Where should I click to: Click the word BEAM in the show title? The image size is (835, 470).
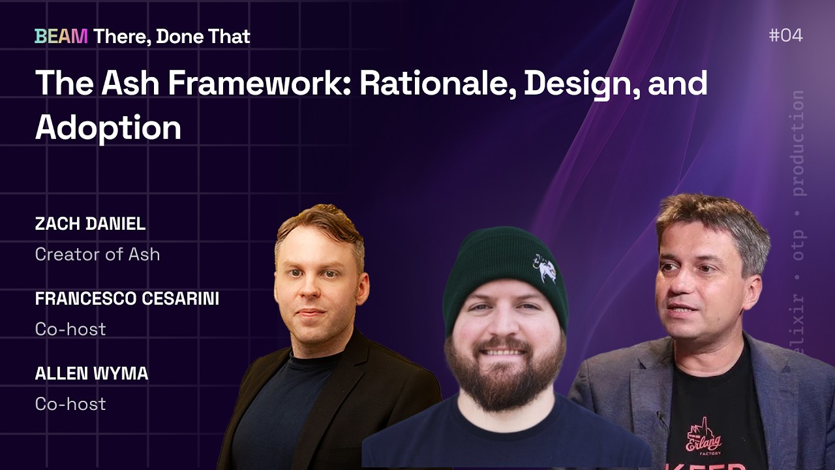click(x=61, y=37)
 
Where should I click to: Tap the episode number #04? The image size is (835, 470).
click(x=785, y=35)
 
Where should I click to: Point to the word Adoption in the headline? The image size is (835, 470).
click(x=108, y=127)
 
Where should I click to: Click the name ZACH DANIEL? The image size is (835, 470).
click(x=90, y=224)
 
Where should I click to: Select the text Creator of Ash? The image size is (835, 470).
click(x=97, y=254)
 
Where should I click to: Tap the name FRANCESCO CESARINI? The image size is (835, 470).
click(x=127, y=299)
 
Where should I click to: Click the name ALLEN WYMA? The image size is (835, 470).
click(x=91, y=374)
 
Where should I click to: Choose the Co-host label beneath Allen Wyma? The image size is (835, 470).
click(x=70, y=404)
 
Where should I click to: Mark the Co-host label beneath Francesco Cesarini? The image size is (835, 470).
click(x=70, y=329)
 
